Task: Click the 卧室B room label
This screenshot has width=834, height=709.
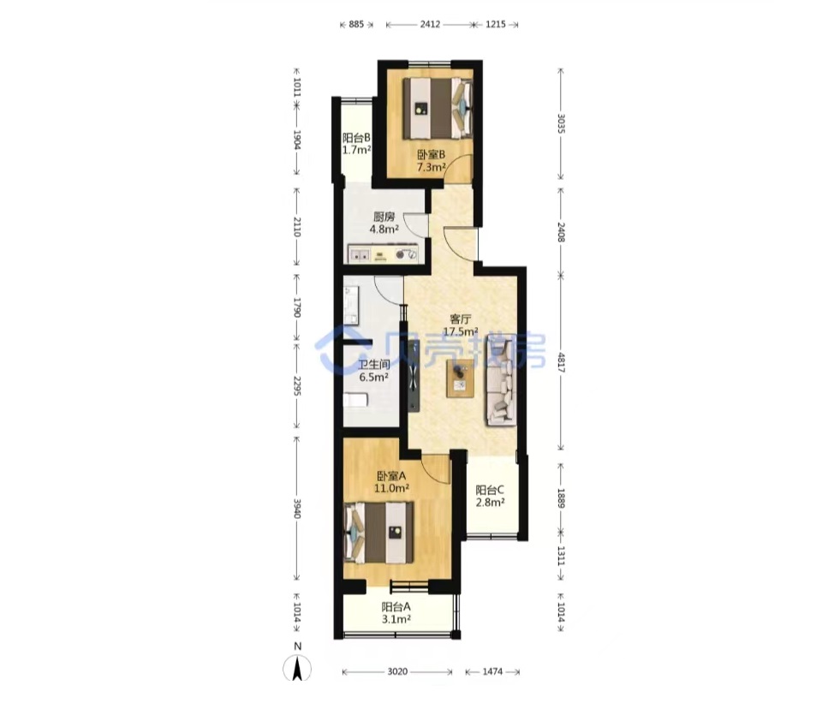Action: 431,155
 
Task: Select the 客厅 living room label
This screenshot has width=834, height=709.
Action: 461,319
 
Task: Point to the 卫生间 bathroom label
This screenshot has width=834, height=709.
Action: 373,365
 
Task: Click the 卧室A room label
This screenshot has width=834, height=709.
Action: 391,475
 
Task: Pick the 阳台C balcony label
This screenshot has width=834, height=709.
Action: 489,490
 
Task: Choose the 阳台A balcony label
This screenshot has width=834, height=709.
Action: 396,606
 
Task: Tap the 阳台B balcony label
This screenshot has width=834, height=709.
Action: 356,138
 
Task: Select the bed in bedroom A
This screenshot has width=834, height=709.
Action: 378,533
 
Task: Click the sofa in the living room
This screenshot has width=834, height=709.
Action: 501,380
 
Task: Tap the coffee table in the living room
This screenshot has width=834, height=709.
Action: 461,378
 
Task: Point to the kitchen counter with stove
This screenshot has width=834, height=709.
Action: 383,253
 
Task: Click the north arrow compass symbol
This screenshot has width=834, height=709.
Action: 298,668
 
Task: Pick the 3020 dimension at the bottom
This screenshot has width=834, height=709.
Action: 397,672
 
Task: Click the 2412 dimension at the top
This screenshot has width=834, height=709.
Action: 430,24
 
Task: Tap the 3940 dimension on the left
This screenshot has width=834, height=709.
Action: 297,509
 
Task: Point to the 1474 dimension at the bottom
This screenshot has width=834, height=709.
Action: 492,672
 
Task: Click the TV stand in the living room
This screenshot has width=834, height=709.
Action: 414,375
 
